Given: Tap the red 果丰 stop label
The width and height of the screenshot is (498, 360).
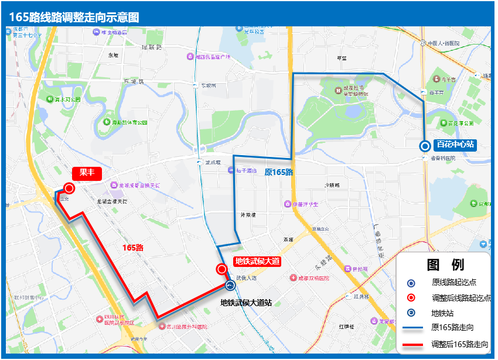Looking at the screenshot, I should pyautogui.click(x=87, y=173).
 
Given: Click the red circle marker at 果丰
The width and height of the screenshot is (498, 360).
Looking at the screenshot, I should pyautogui.click(x=69, y=188).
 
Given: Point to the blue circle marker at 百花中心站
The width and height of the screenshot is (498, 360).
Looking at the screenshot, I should pyautogui.click(x=425, y=146).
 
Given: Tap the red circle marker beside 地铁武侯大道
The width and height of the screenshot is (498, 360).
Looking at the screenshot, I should pyautogui.click(x=222, y=269).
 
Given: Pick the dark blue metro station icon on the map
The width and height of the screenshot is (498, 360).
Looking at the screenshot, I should pyautogui.click(x=230, y=286).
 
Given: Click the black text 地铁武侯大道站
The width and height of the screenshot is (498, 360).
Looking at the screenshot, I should pyautogui.click(x=245, y=303).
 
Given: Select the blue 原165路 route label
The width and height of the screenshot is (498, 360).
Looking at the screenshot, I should pyautogui.click(x=278, y=172).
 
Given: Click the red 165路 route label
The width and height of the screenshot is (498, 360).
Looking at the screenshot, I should pyautogui.click(x=133, y=248).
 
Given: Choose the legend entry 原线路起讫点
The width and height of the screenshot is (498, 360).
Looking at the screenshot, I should pyautogui.click(x=453, y=282).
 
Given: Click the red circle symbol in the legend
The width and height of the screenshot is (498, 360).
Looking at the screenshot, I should pyautogui.click(x=411, y=297).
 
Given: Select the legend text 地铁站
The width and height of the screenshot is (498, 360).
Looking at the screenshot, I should pyautogui.click(x=443, y=313).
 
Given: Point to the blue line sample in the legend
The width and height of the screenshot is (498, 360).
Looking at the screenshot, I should pyautogui.click(x=411, y=328).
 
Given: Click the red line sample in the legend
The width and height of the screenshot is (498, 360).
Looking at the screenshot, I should pyautogui.click(x=411, y=344).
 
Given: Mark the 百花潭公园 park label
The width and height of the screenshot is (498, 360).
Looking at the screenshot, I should pyautogui.click(x=461, y=124).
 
